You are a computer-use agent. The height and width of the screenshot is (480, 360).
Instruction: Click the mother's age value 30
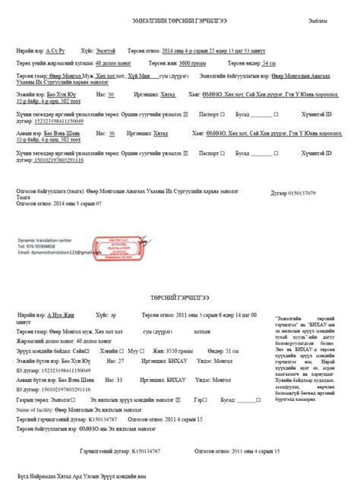pyautogui.click(x=111, y=95)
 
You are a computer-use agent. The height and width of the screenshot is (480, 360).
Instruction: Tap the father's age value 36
pyautogui.click(x=112, y=133)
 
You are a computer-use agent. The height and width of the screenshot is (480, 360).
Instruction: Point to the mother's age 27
pyautogui.click(x=119, y=361)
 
